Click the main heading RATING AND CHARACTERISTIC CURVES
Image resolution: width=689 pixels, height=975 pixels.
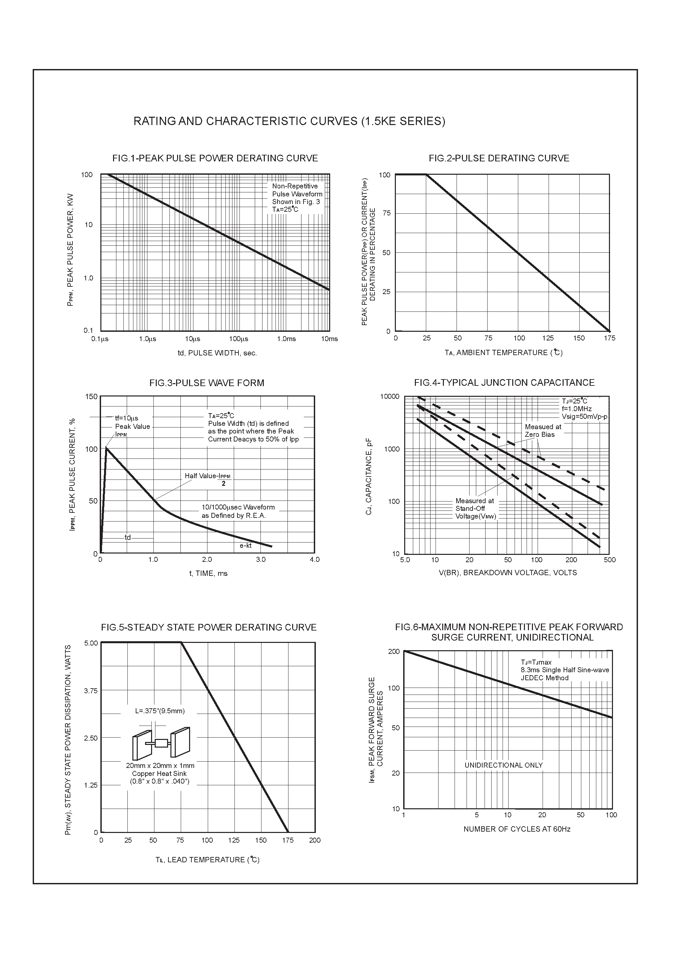click(289, 121)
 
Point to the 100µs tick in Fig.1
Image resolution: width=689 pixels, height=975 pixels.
click(238, 339)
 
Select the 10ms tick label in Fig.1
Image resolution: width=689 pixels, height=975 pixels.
click(329, 339)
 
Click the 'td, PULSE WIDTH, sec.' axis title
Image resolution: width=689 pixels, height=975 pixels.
click(217, 353)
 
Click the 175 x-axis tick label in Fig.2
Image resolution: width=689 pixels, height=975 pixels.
click(610, 338)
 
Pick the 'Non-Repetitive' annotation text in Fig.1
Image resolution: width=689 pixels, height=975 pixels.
click(295, 186)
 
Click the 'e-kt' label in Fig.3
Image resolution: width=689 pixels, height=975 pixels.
click(245, 546)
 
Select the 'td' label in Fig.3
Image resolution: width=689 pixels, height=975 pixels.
click(127, 538)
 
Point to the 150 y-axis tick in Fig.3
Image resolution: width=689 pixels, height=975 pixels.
click(92, 396)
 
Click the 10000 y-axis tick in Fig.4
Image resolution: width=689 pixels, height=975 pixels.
click(390, 396)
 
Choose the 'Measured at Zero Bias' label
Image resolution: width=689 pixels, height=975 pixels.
click(543, 430)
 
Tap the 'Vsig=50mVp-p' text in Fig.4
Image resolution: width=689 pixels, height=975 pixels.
click(585, 416)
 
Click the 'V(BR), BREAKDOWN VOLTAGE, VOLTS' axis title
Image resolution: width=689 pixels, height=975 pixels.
click(508, 573)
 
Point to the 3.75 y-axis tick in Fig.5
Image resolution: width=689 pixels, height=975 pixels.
click(91, 691)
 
